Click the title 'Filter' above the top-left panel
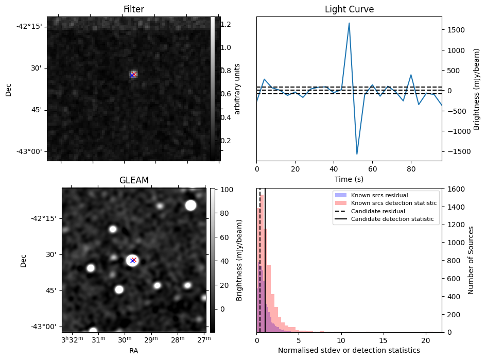coord(133,9)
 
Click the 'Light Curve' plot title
coord(349,9)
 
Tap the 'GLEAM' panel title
coord(133,180)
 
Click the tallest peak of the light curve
coord(349,23)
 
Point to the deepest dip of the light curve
coord(357,153)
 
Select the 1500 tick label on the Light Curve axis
coord(456,30)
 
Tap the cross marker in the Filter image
coord(133,75)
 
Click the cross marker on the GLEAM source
coord(133,261)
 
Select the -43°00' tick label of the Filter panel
coord(29,151)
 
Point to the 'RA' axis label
coord(133,350)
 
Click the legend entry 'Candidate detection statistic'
coord(392,219)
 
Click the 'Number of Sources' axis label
coord(471,261)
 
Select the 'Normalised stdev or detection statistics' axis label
coord(349,350)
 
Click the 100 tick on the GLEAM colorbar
coord(228,190)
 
